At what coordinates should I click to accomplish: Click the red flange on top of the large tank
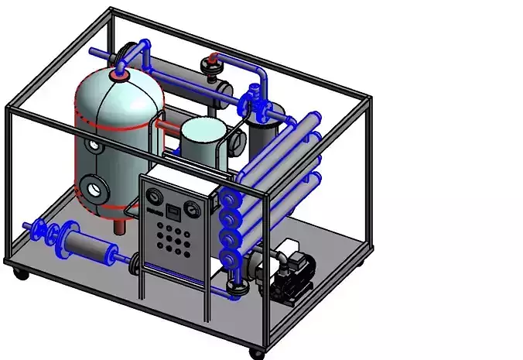[x=119, y=74]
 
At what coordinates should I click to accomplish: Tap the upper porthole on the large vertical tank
[x=94, y=144]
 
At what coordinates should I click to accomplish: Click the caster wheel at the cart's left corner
[x=19, y=273]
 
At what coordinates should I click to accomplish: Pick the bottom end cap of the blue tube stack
[x=228, y=257]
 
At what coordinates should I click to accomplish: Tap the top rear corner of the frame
[x=111, y=10]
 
